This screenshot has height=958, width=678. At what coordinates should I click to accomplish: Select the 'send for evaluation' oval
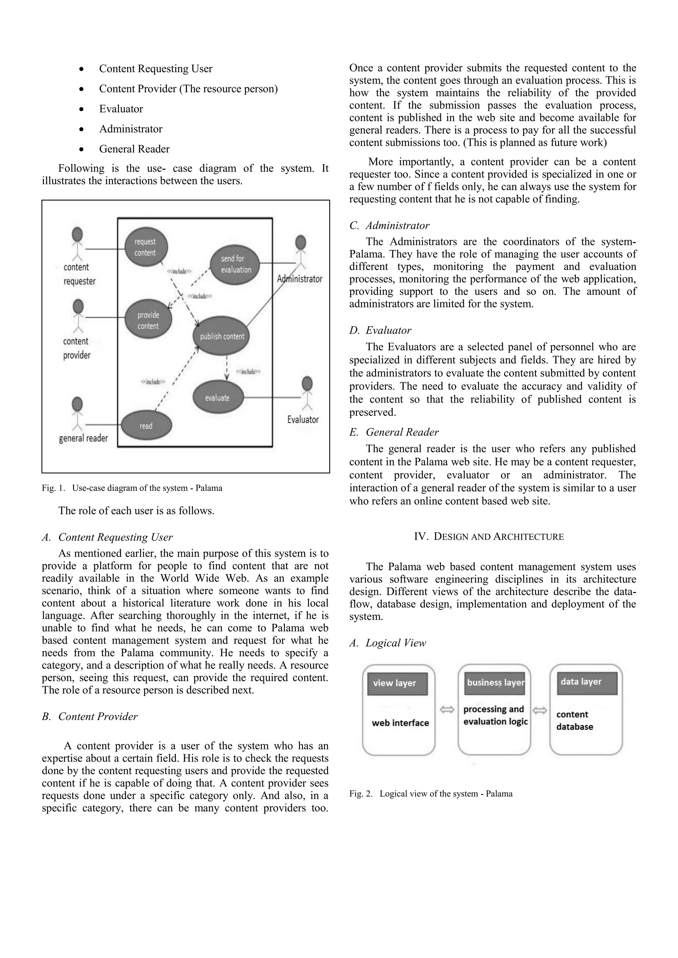click(x=235, y=264)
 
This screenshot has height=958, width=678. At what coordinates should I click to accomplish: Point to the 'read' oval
click(x=146, y=426)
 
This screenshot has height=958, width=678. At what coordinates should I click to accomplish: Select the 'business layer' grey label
click(x=495, y=683)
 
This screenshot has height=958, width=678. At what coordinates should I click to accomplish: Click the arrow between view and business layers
click(x=447, y=710)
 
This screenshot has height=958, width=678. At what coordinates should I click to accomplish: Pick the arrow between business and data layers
click(x=540, y=710)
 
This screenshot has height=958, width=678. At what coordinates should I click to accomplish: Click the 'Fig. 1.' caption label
click(x=53, y=488)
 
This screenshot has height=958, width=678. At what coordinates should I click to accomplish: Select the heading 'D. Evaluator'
click(x=380, y=331)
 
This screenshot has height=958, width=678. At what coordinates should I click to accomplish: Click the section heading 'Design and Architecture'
click(x=489, y=537)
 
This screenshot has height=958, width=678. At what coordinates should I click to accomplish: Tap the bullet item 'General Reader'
click(x=134, y=149)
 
